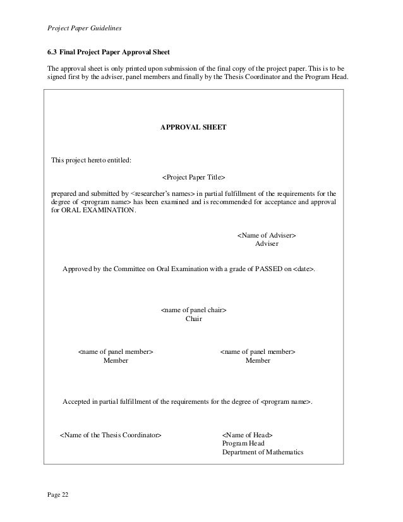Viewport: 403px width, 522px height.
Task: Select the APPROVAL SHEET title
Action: (x=193, y=127)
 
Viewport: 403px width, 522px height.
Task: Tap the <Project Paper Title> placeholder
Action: (x=193, y=178)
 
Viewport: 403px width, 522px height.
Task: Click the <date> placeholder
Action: (x=303, y=270)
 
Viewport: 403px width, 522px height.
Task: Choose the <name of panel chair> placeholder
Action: (x=194, y=311)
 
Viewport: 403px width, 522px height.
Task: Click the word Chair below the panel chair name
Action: (x=194, y=319)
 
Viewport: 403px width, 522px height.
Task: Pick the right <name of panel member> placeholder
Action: (x=258, y=351)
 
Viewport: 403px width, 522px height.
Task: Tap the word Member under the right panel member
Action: (x=258, y=360)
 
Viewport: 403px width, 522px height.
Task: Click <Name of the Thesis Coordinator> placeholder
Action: (x=111, y=435)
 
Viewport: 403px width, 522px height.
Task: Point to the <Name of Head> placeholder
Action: (x=247, y=435)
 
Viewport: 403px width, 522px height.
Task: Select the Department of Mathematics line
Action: (x=263, y=452)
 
